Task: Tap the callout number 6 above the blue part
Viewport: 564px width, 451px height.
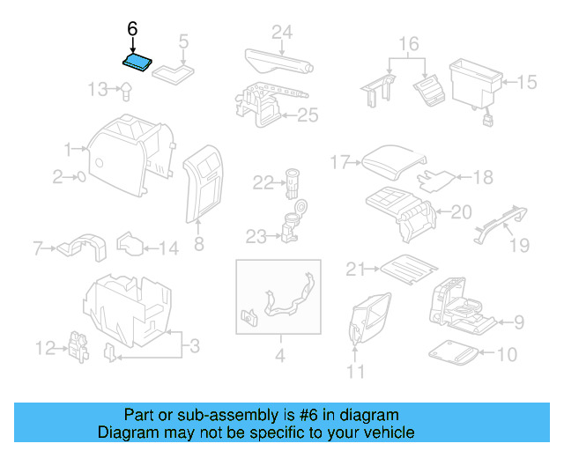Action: (132, 29)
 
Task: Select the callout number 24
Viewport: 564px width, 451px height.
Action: (281, 33)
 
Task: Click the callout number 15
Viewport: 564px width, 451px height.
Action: (526, 83)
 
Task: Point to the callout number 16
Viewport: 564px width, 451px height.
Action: (408, 43)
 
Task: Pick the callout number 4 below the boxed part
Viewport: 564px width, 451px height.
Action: (279, 357)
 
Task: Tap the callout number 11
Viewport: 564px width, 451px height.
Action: (355, 373)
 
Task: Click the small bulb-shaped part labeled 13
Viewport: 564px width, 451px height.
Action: (126, 88)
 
